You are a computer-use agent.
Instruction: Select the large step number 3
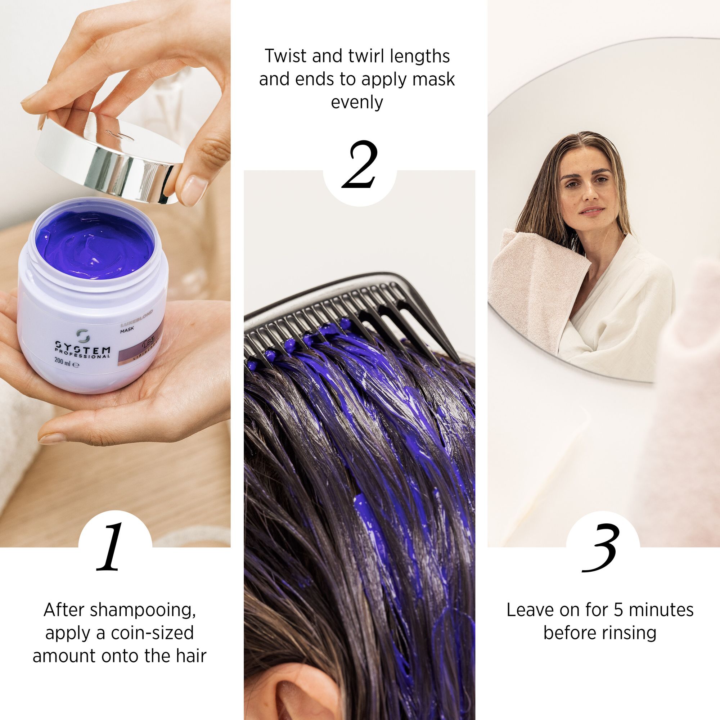600,548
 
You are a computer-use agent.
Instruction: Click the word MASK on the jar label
127,329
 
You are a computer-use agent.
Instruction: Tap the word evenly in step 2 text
357,102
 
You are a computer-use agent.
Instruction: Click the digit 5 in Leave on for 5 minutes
618,611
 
